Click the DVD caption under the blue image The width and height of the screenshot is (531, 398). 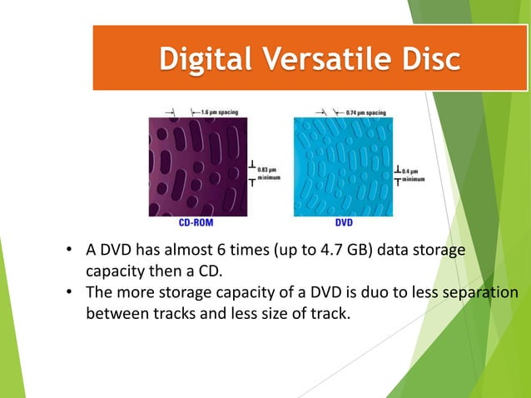[x=343, y=223]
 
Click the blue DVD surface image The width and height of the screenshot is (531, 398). [x=343, y=166]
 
